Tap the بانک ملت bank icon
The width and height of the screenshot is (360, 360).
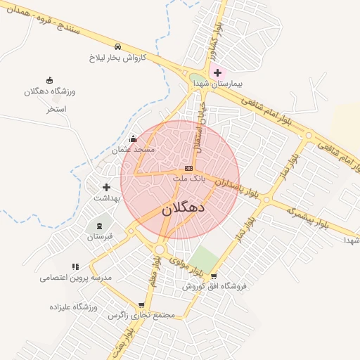[188, 169]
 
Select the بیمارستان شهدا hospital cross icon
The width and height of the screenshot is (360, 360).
[217, 72]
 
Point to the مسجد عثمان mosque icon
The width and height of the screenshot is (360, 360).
[134, 139]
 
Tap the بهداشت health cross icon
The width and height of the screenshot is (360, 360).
[106, 187]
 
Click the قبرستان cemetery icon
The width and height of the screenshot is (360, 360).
[99, 226]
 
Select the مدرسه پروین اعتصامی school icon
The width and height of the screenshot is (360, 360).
[76, 266]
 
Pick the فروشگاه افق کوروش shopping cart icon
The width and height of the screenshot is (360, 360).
[214, 276]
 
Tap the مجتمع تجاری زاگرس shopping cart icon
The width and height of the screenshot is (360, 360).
[142, 305]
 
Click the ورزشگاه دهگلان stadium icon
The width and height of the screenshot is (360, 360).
[49, 80]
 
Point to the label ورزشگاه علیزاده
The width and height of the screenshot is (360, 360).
[72, 307]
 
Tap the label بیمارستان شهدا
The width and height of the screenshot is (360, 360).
[218, 84]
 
